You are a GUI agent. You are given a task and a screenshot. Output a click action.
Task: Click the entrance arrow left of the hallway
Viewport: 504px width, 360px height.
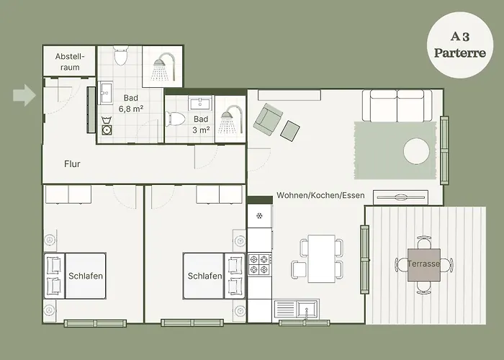click(x=24, y=95)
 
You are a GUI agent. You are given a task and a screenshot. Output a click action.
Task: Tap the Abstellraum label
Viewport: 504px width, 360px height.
click(x=70, y=62)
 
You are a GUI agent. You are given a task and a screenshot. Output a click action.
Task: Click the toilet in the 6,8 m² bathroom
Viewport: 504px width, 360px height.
click(x=121, y=55)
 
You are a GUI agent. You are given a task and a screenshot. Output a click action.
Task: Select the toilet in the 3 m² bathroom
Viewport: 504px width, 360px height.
click(x=175, y=119)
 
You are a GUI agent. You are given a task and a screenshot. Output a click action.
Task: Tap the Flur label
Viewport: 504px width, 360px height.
click(x=72, y=164)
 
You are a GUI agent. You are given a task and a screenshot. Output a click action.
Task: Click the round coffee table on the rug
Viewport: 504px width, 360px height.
click(x=417, y=151)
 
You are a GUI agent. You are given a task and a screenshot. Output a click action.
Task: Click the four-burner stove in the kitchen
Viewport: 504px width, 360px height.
click(x=259, y=264)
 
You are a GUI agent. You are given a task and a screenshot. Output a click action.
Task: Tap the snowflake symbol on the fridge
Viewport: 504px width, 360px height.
click(x=259, y=216)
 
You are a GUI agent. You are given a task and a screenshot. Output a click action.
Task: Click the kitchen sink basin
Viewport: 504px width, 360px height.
click(x=307, y=309)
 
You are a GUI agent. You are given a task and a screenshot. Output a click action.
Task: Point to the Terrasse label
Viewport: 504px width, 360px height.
click(x=423, y=264)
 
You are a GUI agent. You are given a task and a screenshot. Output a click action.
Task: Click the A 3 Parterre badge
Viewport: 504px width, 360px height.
click(x=460, y=45)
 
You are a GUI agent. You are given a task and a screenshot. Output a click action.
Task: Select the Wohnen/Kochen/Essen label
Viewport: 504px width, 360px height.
click(x=321, y=195)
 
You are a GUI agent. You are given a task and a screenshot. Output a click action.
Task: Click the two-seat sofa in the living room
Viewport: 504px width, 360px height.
click(x=397, y=106)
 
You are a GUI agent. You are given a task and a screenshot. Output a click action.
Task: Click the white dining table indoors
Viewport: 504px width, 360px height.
click(x=321, y=258)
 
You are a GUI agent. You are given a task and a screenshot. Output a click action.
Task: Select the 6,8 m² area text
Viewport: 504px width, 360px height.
click(x=131, y=109)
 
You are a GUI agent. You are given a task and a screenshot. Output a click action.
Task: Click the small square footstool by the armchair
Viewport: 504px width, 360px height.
click(x=290, y=130)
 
